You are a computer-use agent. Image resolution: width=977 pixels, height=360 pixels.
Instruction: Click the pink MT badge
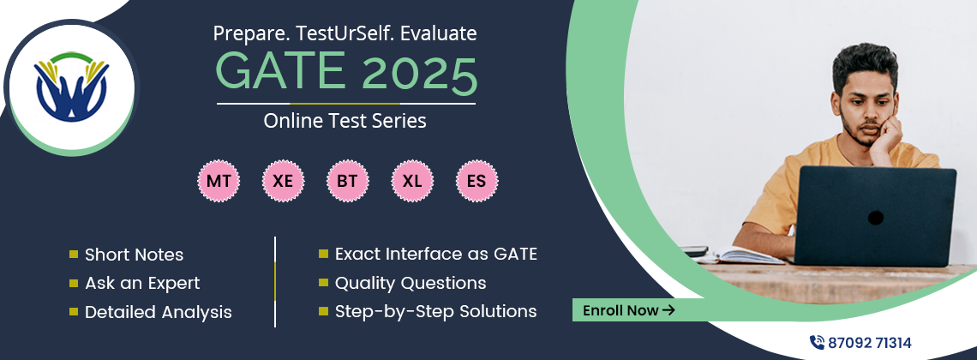coord(219,181)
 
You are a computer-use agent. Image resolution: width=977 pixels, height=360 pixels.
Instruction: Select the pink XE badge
coord(284,181)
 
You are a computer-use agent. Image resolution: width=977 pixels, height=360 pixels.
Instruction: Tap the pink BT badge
coord(348,181)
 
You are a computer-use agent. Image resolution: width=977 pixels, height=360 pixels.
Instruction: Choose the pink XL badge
coord(412,181)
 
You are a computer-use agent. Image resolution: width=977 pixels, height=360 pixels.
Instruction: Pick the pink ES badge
coord(477,181)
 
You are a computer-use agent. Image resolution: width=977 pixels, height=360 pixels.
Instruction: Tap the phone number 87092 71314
coord(869,343)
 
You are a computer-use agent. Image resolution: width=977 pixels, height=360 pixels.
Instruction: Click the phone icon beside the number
coord(817,343)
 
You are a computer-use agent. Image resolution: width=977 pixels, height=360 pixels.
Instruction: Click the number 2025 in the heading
coord(419,72)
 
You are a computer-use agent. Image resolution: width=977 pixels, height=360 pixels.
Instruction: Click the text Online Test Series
coord(345,121)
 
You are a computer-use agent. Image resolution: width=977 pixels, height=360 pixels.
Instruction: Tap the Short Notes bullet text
coord(134,255)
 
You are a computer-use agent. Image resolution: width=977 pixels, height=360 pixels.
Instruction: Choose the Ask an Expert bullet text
coord(142,284)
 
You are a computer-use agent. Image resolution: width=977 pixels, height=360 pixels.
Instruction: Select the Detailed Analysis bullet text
coord(159,312)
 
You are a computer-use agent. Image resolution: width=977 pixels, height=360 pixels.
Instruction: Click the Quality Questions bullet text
coord(411,283)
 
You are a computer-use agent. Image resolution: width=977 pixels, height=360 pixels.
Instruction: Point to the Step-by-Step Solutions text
coord(436,311)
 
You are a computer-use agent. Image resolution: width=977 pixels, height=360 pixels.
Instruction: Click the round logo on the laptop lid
coord(875,218)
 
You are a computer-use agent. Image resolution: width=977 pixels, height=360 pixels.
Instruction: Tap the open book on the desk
coord(739,255)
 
